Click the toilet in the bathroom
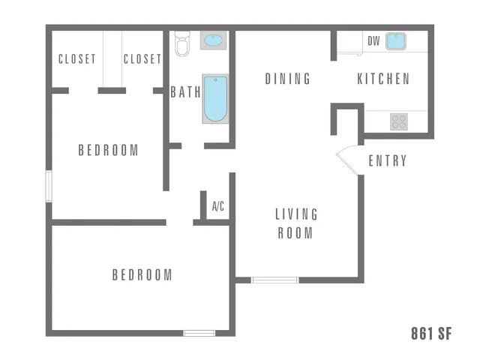pyautogui.click(x=182, y=43)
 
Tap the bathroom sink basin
pyautogui.click(x=213, y=40)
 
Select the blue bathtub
pyautogui.click(x=215, y=98)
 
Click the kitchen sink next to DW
pyautogui.click(x=396, y=41)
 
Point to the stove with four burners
pyautogui.click(x=399, y=121)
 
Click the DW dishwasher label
pyautogui.click(x=373, y=41)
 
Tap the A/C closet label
pyautogui.click(x=218, y=206)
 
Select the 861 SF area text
pyautogui.click(x=431, y=334)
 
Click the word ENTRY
pyautogui.click(x=388, y=160)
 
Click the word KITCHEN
pyautogui.click(x=383, y=79)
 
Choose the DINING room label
pyautogui.click(x=287, y=79)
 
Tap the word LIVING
pyautogui.click(x=296, y=214)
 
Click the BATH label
pyautogui.click(x=185, y=92)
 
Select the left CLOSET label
pyautogui.click(x=77, y=59)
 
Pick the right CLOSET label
pyautogui.click(x=142, y=59)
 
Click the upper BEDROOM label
pyautogui.click(x=108, y=150)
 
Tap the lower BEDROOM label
pyautogui.click(x=142, y=275)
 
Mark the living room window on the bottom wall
pyautogui.click(x=274, y=280)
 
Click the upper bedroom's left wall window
pyautogui.click(x=49, y=187)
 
